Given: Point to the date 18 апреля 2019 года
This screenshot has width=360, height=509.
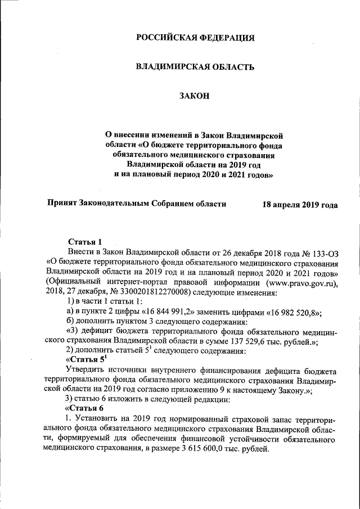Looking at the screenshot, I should pyautogui.click(x=300, y=205).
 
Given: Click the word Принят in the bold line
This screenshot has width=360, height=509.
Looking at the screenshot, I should pyautogui.click(x=64, y=204).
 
